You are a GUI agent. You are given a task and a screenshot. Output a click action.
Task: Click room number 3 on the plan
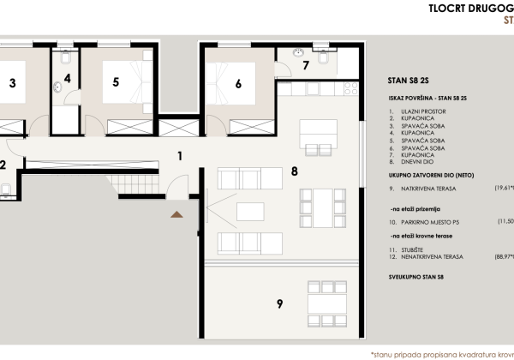tap(12, 83)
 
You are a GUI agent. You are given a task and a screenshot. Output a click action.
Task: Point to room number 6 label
tap(238, 83)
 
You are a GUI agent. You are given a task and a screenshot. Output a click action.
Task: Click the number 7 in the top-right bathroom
tap(305, 66)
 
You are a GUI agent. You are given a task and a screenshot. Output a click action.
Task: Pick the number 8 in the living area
tap(294, 171)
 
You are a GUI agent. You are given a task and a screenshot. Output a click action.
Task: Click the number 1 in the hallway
tap(179, 156)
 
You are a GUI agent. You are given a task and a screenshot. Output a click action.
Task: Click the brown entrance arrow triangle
tap(177, 214)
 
